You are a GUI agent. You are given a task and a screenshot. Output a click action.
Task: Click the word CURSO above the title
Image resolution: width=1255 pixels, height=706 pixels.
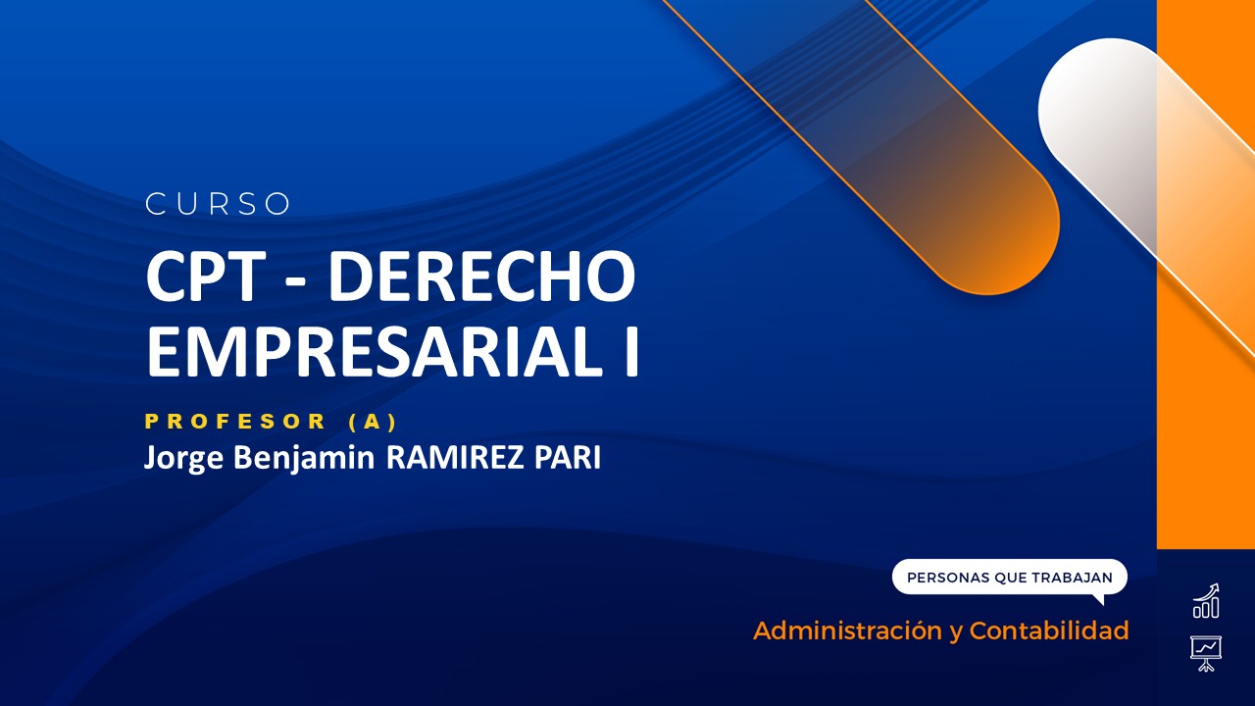pos(218,204)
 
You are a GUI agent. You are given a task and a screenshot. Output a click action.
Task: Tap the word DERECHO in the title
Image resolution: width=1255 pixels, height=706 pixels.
pos(481,277)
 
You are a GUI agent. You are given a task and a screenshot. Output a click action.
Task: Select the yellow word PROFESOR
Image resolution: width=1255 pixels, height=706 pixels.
pos(235,422)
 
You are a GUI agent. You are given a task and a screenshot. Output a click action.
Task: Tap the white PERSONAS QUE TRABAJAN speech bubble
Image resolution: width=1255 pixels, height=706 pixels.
pos(1009,578)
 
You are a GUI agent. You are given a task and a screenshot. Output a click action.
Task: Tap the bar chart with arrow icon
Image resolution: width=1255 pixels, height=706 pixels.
pos(1206,601)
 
